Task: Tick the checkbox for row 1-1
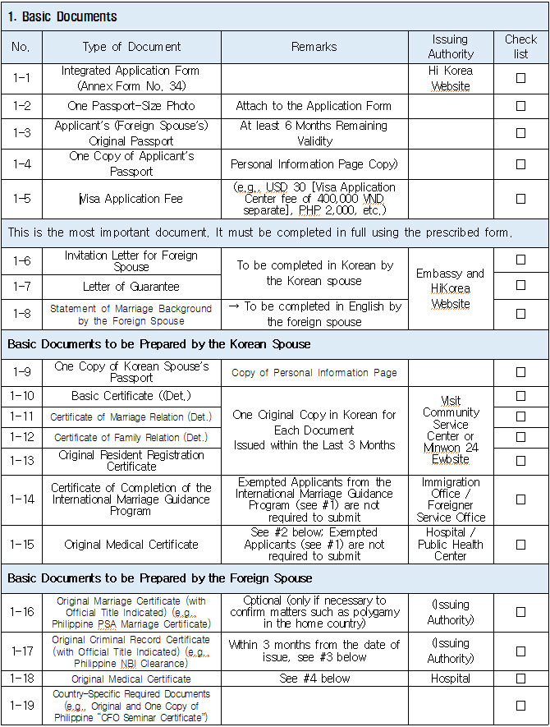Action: pyautogui.click(x=520, y=78)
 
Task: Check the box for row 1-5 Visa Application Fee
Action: pyautogui.click(x=520, y=199)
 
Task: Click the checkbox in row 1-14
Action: pyautogui.click(x=520, y=499)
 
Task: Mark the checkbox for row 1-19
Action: pyautogui.click(x=520, y=705)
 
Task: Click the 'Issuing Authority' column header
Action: pyautogui.click(x=451, y=46)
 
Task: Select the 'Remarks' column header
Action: pyautogui.click(x=314, y=47)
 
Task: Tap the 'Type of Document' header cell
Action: pyautogui.click(x=131, y=47)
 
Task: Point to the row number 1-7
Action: pyautogui.click(x=21, y=286)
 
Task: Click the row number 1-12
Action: pyautogui.click(x=21, y=437)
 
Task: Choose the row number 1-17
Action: pyautogui.click(x=21, y=651)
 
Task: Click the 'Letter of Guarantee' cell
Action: pyautogui.click(x=131, y=286)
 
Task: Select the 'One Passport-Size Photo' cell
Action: pyautogui.click(x=131, y=106)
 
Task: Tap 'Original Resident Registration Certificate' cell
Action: pyautogui.click(x=131, y=460)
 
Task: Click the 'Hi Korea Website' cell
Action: pyautogui.click(x=451, y=78)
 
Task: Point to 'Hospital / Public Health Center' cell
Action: pyautogui.click(x=451, y=544)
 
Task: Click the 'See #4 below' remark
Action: pyautogui.click(x=314, y=679)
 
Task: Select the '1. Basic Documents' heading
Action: pyautogui.click(x=62, y=16)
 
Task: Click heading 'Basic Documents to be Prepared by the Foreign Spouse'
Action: pyautogui.click(x=160, y=578)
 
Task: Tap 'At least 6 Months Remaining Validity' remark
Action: pyautogui.click(x=314, y=133)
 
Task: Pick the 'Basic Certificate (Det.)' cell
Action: pyautogui.click(x=131, y=396)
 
